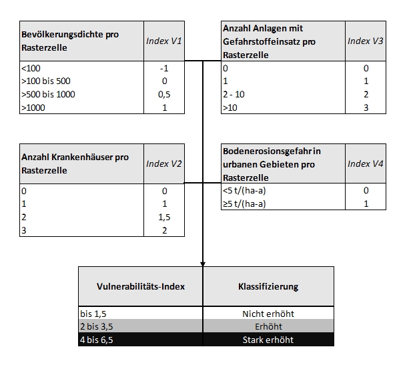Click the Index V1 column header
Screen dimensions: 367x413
tap(164, 41)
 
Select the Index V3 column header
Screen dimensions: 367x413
tap(366, 41)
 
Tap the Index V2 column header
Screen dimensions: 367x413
tap(164, 164)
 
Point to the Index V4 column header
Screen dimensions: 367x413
tap(366, 164)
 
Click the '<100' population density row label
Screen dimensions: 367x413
tap(31, 68)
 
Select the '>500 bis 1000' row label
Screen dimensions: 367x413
tap(48, 94)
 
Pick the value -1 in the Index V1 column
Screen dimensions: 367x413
tap(164, 68)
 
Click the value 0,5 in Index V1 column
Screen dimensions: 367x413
tap(164, 94)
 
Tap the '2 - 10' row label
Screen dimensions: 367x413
tap(234, 94)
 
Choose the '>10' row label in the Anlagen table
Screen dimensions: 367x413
tap(230, 107)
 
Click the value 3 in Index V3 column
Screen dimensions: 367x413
tap(366, 107)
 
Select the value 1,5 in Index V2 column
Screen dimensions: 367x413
tap(164, 218)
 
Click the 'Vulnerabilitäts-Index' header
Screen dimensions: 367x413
tap(141, 286)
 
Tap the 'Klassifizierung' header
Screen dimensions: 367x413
tap(268, 286)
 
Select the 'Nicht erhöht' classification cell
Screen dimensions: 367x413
tap(268, 314)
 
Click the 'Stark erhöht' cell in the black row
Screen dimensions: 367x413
tap(268, 340)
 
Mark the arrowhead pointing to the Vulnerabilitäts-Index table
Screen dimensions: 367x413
tap(202, 262)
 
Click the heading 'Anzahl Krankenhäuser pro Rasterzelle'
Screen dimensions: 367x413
tap(75, 164)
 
